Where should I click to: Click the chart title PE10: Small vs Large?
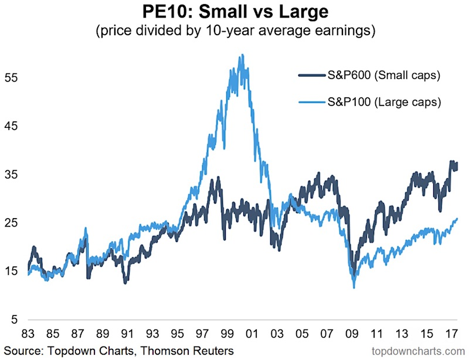click(x=234, y=12)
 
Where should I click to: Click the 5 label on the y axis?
click(x=16, y=320)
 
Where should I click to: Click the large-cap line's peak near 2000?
click(x=242, y=55)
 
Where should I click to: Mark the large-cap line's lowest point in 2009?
click(x=354, y=287)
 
